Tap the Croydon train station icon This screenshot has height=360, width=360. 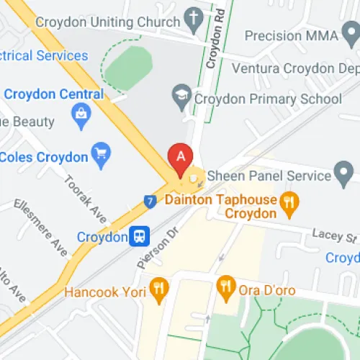click(x=139, y=236)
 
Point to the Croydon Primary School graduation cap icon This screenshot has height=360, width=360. click(x=180, y=94)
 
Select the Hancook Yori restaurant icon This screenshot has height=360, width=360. click(x=158, y=290)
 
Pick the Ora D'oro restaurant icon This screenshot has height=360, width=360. click(x=226, y=286)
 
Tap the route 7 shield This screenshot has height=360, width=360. click(x=149, y=202)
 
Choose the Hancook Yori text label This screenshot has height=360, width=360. click(x=104, y=292)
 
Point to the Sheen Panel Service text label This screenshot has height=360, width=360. click(x=268, y=175)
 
